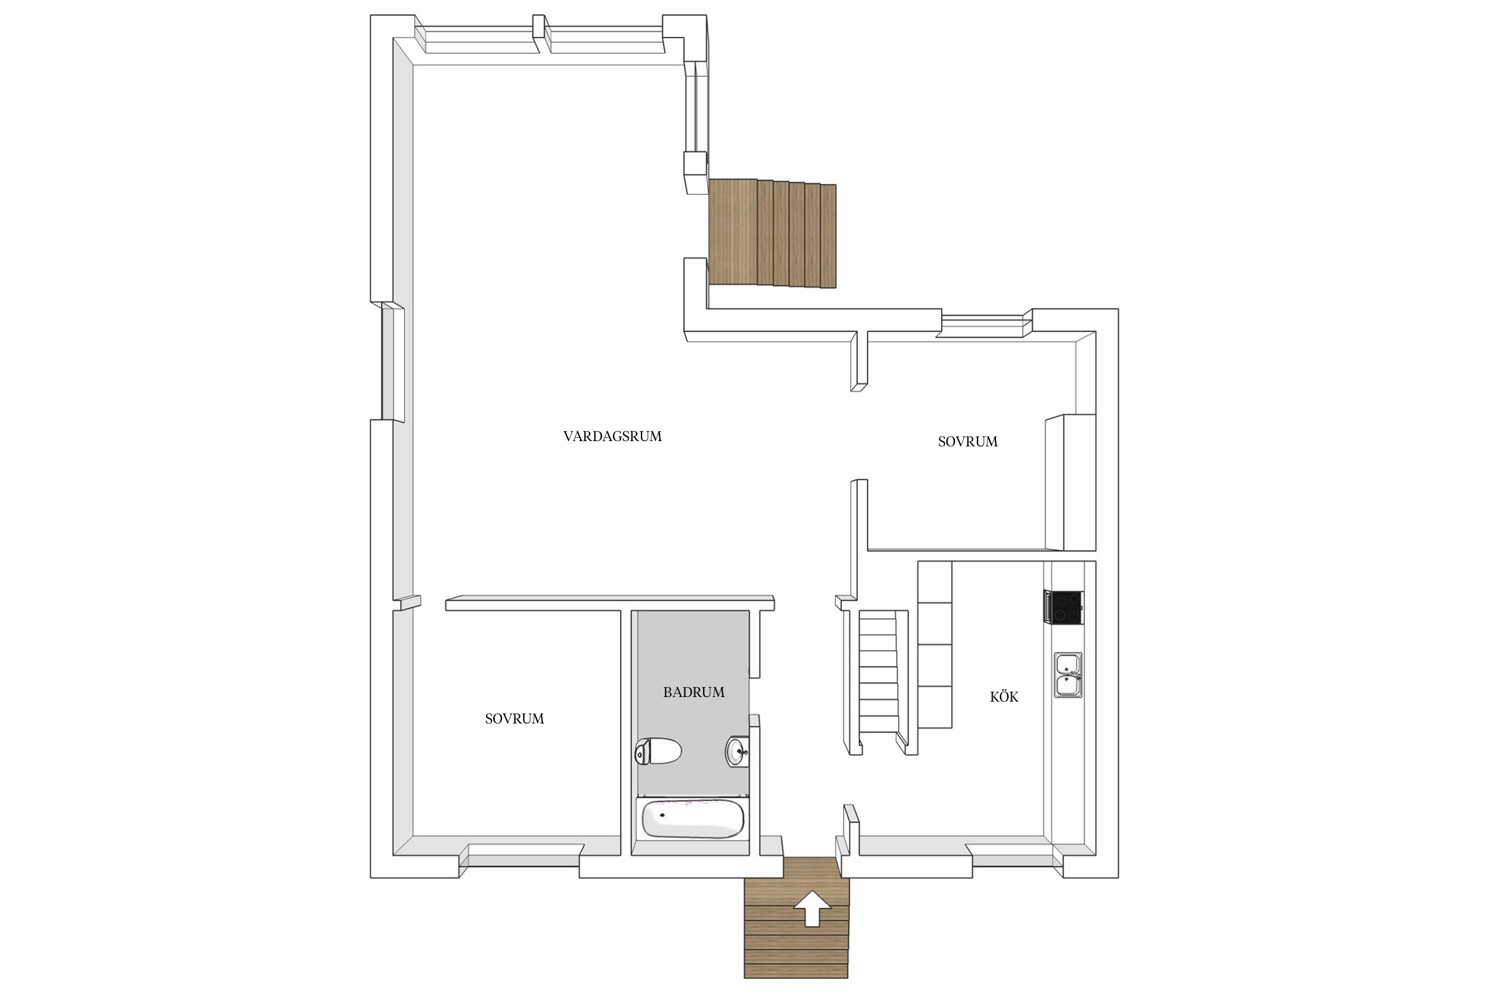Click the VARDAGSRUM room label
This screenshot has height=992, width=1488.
point(612,436)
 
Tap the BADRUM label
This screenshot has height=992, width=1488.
point(694,692)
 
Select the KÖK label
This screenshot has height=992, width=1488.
point(1004,696)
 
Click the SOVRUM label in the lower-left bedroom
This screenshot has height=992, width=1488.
point(515,719)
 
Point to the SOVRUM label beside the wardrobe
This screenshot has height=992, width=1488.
point(968,442)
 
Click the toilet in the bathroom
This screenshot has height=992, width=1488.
point(658,752)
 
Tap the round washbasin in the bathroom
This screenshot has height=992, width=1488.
point(737,751)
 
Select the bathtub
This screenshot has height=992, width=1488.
point(692,819)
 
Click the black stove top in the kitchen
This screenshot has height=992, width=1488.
point(1064,607)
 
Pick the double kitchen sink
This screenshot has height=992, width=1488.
point(1069,675)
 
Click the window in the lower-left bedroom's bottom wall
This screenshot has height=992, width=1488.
point(522,855)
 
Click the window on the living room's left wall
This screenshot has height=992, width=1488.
point(388,362)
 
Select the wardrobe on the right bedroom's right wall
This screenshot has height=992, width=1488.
point(1070,482)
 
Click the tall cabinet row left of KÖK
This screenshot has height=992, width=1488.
point(934,645)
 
